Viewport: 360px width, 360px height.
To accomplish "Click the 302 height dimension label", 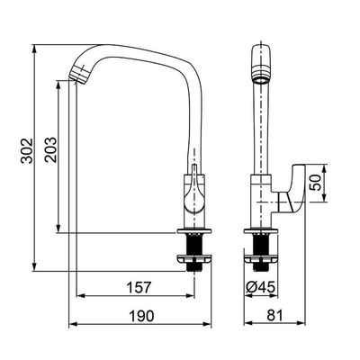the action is (x=27, y=150).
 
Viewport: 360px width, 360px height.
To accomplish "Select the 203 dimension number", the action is (x=50, y=149).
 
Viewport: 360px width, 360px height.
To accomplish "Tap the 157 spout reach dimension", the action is (x=139, y=287).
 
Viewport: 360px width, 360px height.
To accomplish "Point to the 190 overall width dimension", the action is (x=141, y=316).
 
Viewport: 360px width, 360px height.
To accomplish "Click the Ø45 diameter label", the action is (x=261, y=287).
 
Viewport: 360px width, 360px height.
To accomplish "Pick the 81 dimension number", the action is (x=274, y=316).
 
